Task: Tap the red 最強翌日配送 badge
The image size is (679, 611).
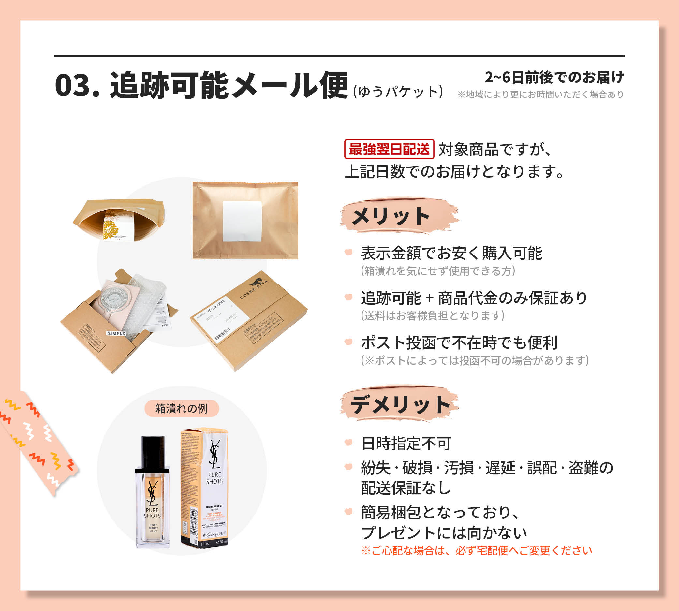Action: (389, 149)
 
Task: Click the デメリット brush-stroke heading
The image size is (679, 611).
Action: (400, 404)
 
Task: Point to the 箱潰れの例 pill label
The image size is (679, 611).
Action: (182, 409)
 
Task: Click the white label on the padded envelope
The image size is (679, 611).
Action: (242, 221)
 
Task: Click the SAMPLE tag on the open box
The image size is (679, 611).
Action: (116, 333)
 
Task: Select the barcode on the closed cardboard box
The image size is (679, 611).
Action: (223, 333)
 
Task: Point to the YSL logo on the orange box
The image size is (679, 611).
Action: (214, 454)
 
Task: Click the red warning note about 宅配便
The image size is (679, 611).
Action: (477, 551)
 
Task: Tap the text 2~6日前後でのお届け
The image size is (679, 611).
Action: (554, 78)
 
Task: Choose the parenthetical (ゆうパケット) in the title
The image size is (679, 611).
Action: (398, 92)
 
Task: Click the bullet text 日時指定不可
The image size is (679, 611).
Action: (406, 444)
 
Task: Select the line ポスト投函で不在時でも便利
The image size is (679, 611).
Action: (459, 343)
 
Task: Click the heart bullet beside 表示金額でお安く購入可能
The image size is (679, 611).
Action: (348, 252)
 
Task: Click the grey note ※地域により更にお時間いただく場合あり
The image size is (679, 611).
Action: (541, 95)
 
